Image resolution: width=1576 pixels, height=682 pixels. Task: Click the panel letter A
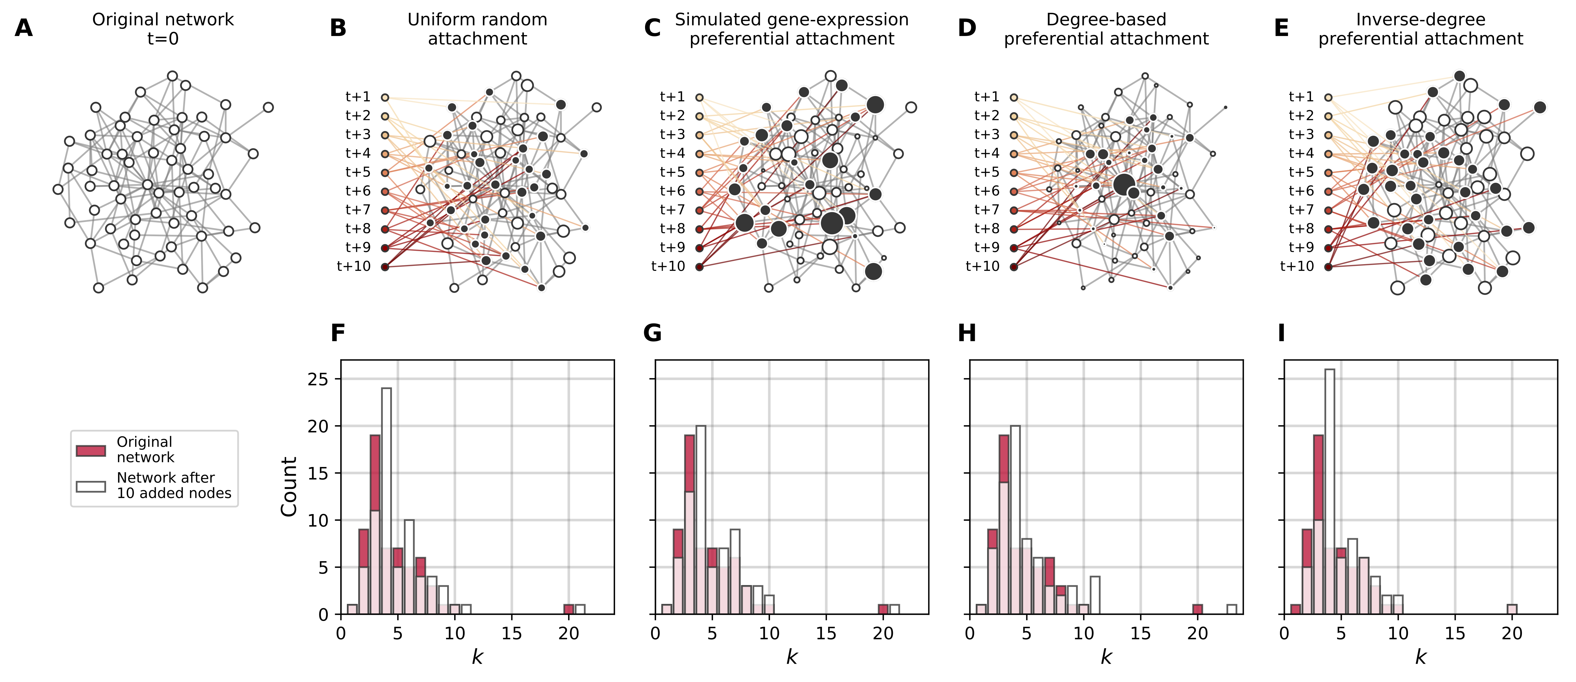pos(23,28)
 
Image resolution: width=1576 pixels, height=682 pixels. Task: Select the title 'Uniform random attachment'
pos(477,29)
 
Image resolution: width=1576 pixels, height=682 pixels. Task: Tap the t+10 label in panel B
pos(354,266)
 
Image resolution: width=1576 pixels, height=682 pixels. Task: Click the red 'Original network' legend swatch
pos(91,451)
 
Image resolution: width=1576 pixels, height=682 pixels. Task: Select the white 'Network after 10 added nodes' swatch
pos(91,486)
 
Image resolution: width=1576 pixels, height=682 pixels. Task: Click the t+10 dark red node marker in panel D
pos(1014,267)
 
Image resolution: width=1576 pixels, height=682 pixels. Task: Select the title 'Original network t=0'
pos(163,29)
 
